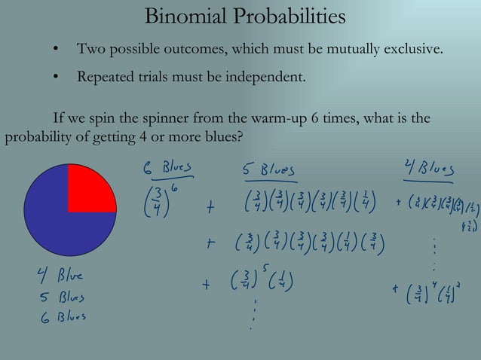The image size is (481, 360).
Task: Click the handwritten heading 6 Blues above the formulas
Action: (167, 166)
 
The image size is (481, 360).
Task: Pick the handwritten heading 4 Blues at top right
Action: (427, 169)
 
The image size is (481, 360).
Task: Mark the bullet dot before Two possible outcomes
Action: (55, 50)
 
